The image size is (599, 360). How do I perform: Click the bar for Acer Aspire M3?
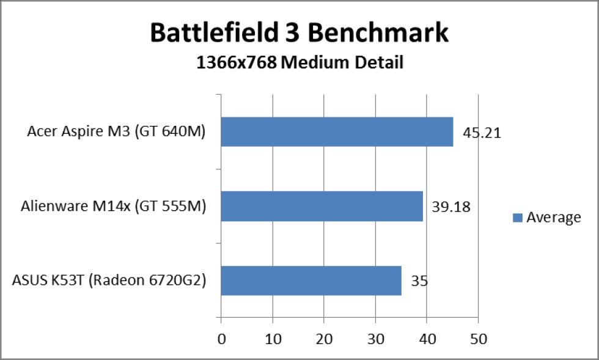click(337, 131)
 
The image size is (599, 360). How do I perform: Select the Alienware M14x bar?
click(322, 206)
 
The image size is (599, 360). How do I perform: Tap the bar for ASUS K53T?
click(311, 281)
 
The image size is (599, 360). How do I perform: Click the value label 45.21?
click(481, 133)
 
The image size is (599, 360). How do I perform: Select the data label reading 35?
click(419, 282)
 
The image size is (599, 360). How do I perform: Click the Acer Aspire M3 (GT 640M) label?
click(116, 132)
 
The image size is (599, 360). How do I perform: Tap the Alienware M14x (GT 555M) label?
click(113, 207)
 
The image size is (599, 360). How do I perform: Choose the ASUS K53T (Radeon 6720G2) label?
click(109, 281)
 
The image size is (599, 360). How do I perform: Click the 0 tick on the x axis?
click(221, 338)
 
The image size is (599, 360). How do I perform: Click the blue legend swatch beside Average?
click(517, 218)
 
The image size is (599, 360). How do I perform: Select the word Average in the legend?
click(554, 218)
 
